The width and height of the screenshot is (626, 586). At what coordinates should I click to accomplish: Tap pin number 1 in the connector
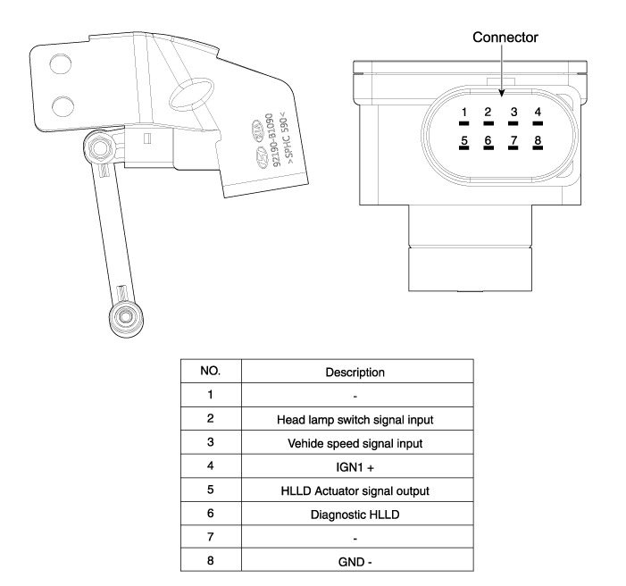[463, 113]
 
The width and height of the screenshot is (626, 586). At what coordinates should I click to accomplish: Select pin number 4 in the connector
[538, 113]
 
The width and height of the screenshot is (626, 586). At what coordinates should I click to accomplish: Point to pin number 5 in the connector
[463, 141]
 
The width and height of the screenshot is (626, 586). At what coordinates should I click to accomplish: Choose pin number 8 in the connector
[538, 141]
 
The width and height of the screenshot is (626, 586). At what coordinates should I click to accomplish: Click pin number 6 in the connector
[488, 141]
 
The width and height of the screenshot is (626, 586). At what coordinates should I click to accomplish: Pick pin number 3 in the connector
[513, 113]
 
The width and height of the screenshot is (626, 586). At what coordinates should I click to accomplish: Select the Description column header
[355, 371]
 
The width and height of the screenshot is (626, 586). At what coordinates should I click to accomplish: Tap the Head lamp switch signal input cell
[355, 417]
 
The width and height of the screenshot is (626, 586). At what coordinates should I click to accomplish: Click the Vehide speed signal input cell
[355, 441]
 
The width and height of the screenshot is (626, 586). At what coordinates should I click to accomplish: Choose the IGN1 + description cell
[355, 465]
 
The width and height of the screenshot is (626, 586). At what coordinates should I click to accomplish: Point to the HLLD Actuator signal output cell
[355, 490]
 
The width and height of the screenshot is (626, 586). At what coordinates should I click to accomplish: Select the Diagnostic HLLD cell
[355, 514]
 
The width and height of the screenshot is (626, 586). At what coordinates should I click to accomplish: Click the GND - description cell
[355, 562]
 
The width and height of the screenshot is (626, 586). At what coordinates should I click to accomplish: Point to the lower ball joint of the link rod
[126, 314]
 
